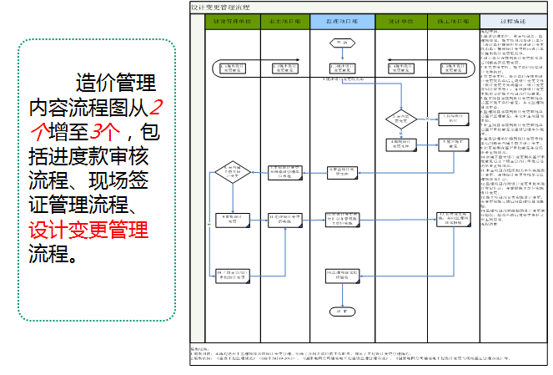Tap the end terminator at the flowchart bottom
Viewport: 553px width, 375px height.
pos(340,311)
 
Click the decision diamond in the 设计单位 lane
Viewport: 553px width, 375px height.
pos(400,119)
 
